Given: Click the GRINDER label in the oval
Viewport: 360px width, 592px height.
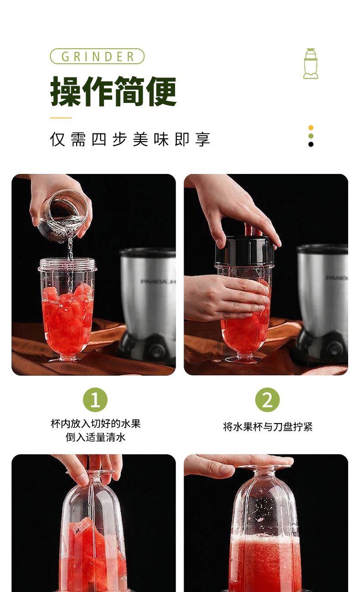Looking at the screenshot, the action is [98, 56].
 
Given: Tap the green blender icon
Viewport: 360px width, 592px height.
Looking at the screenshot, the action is [310, 64].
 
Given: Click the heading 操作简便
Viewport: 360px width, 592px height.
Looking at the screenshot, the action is [113, 91].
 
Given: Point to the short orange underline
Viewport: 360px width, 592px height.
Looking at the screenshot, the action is [61, 118].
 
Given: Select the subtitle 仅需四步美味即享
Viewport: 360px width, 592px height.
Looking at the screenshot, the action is [130, 139].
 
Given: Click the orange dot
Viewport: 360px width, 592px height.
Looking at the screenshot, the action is [311, 128].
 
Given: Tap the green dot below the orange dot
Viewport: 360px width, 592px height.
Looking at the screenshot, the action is [311, 136].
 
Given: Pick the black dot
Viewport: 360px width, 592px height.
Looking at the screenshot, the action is [311, 144].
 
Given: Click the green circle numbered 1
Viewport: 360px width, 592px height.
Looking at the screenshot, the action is [95, 400].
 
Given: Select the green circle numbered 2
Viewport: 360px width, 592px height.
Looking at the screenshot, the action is [267, 400].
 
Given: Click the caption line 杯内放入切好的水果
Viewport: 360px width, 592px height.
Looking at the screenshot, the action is [96, 424].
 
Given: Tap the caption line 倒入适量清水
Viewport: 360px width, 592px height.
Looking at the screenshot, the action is [96, 437].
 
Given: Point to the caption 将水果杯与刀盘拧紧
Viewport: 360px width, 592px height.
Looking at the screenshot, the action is [267, 427].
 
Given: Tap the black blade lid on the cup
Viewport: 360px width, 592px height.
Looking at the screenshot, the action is [245, 251].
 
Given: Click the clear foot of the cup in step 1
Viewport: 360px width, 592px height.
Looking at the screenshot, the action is [65, 359].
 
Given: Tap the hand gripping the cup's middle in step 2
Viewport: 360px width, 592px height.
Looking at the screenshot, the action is [226, 297].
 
